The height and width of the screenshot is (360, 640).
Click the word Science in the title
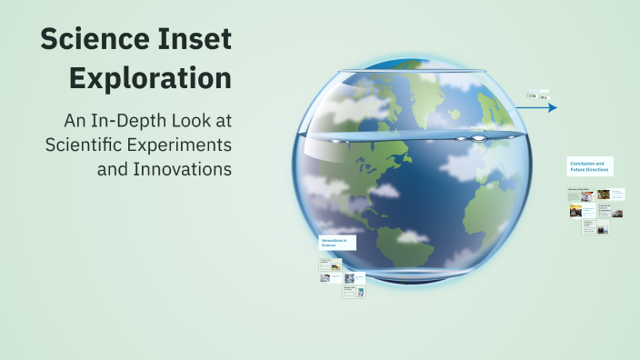99,40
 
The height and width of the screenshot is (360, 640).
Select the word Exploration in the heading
151,78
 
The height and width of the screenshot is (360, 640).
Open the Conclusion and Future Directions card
588,166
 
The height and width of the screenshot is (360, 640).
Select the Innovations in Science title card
336,243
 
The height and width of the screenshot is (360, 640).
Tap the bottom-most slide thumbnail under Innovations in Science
354,292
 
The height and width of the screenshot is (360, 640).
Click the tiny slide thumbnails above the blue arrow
537,94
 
